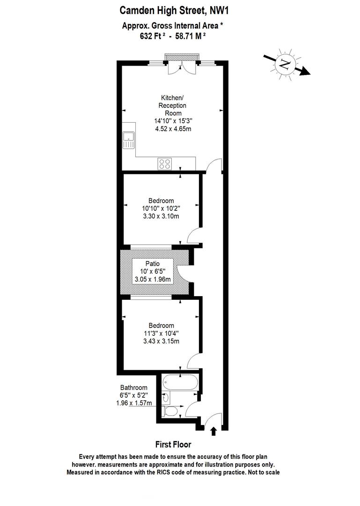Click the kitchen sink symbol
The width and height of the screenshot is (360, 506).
point(128,140)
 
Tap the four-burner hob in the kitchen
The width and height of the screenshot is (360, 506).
point(165,164)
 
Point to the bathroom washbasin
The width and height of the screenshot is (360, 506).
point(166,398)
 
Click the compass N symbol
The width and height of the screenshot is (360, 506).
point(284,64)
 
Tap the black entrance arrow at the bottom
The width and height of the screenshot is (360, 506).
point(213,431)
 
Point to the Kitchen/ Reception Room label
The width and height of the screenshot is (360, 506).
point(173,105)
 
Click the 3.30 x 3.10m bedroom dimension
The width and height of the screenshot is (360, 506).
point(161,216)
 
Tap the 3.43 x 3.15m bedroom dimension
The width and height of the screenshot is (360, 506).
point(161,341)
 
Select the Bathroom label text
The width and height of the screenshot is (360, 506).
point(134,387)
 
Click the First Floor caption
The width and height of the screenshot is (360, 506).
point(173,445)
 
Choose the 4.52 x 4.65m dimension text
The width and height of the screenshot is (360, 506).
point(173,128)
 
